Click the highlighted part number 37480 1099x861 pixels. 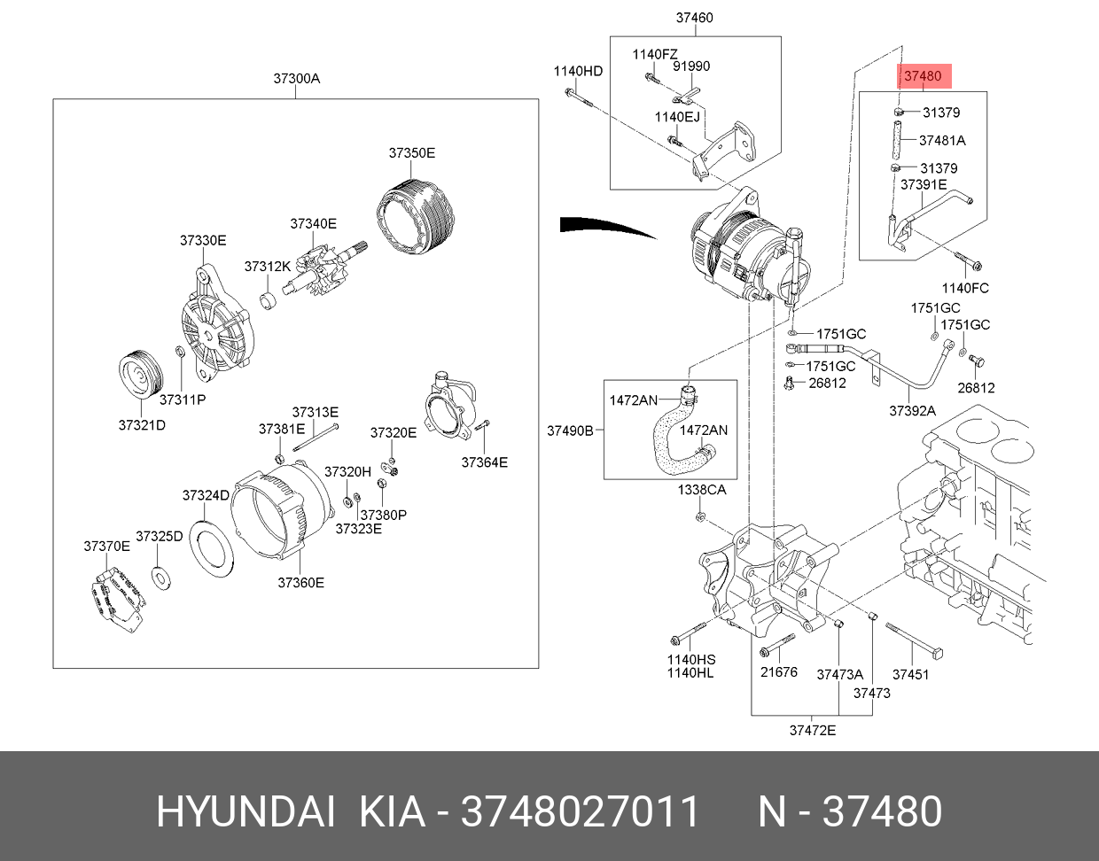point(923,76)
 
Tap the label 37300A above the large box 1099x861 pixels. point(297,78)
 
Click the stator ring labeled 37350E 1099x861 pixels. point(417,216)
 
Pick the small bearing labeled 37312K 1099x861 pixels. point(268,300)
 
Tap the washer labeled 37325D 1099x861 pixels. point(160,578)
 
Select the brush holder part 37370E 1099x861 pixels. point(117,599)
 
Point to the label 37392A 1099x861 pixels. point(912,411)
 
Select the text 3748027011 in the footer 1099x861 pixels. point(580,811)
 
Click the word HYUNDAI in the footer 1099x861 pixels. point(246,811)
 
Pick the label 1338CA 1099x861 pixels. point(702,490)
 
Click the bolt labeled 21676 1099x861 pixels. point(778,646)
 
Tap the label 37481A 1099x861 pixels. point(942,141)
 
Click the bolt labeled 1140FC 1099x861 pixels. point(969,260)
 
